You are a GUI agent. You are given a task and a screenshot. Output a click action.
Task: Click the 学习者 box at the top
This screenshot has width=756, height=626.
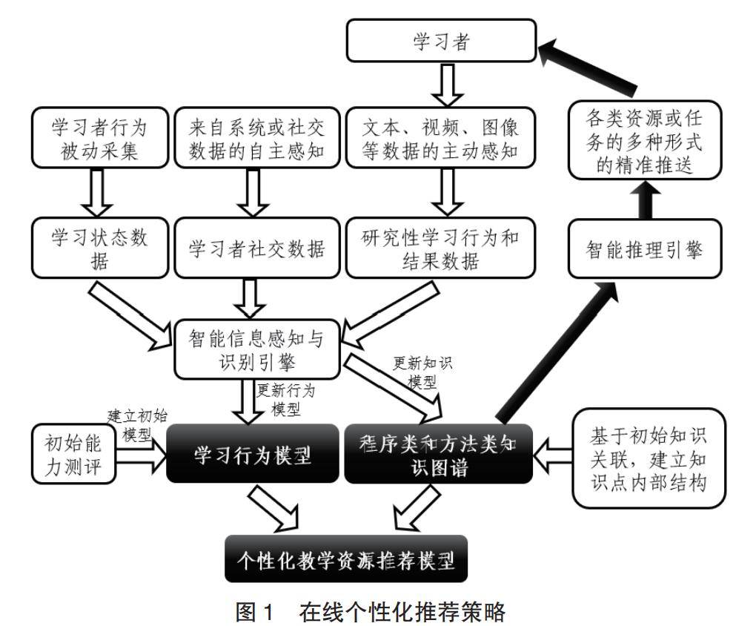441,42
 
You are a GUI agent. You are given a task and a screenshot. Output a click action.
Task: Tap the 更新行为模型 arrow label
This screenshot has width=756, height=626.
285,398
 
